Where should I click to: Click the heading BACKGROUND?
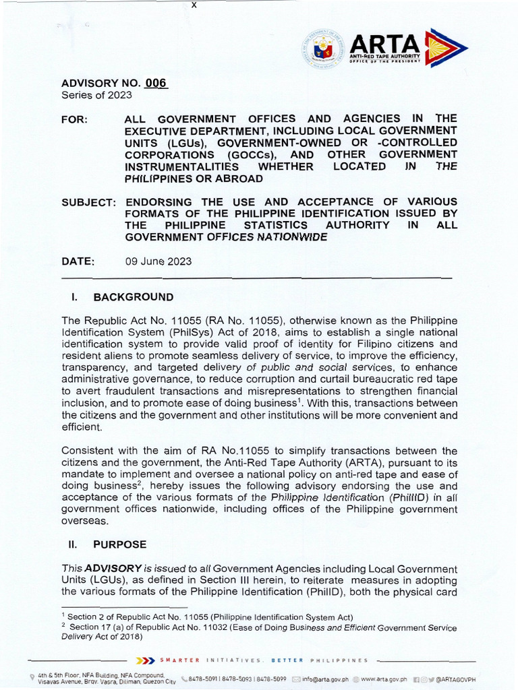pos(133,297)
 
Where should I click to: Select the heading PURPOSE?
pos(119,544)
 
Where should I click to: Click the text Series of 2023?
pos(96,96)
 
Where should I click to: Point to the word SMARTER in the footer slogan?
pos(179,660)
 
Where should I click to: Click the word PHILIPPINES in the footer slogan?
pos(340,660)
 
